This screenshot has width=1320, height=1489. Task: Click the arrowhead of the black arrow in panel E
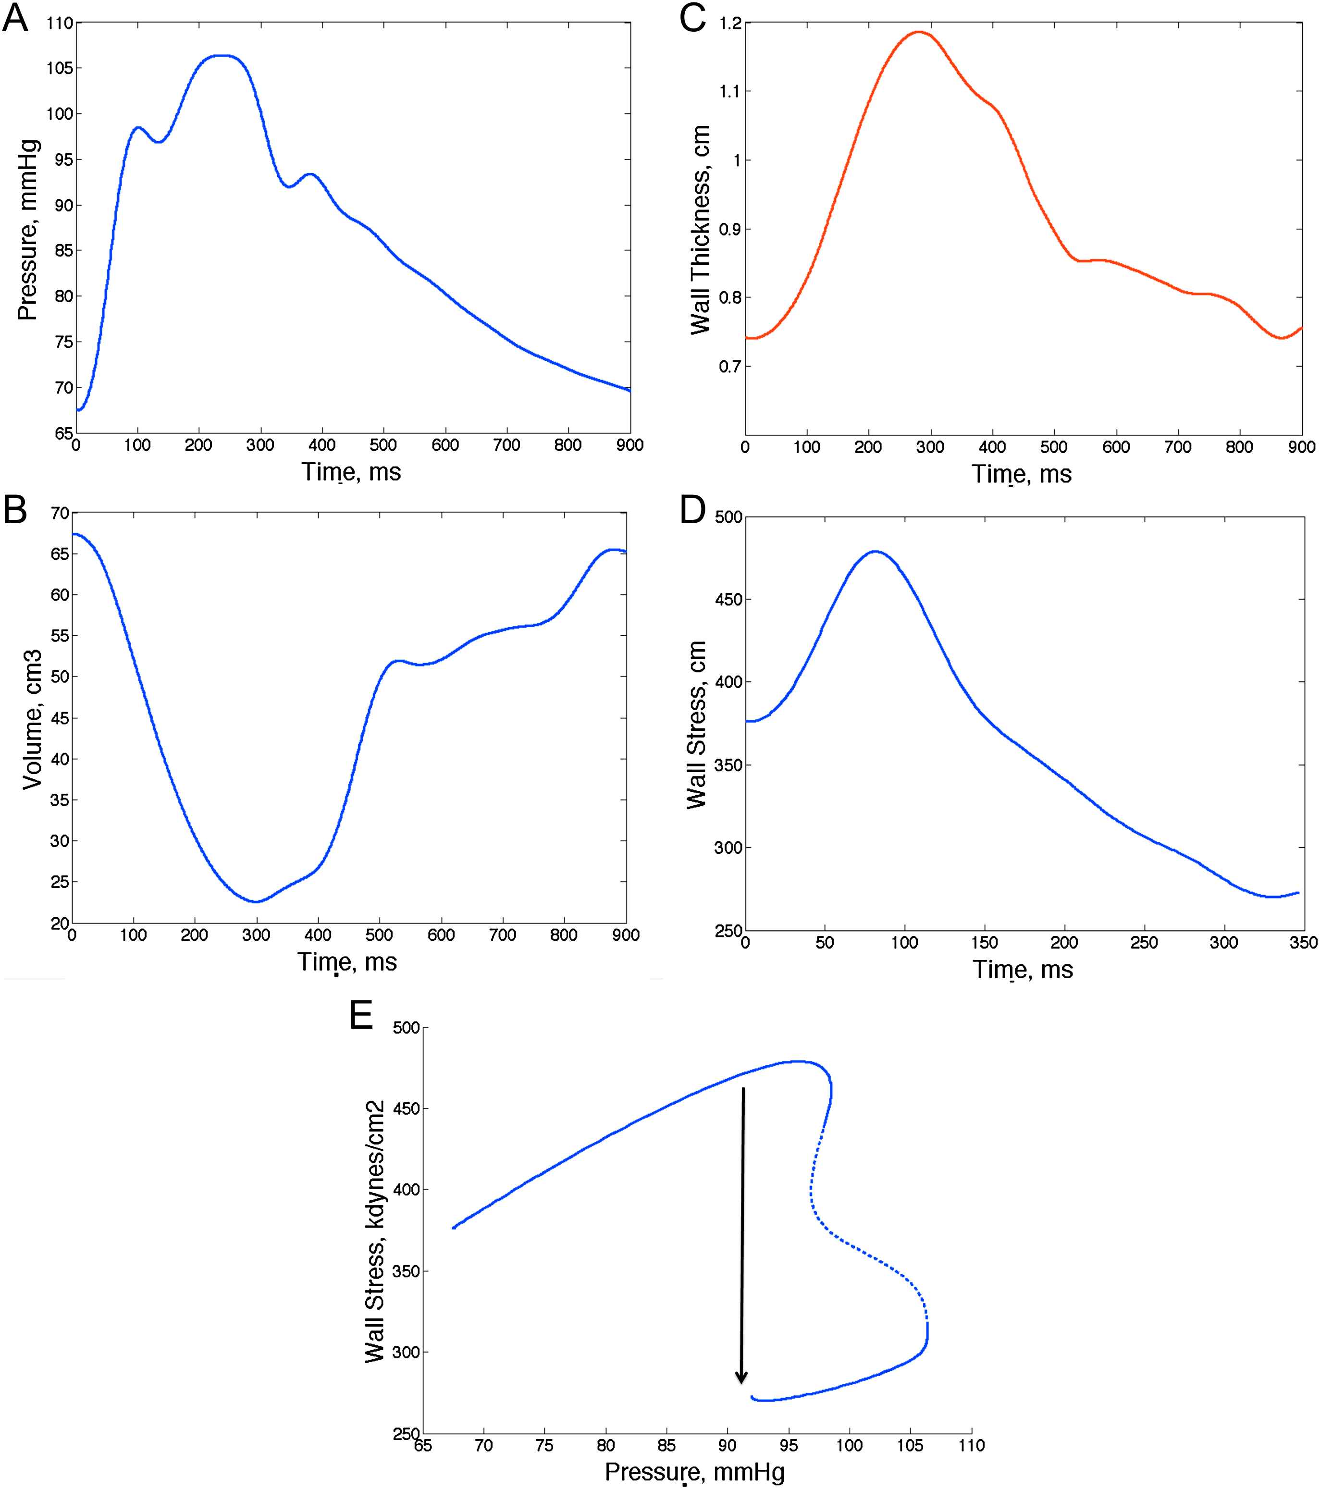click(x=741, y=1378)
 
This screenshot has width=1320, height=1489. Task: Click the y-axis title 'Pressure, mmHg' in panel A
click(x=28, y=230)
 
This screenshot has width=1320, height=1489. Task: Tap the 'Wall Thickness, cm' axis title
click(x=701, y=230)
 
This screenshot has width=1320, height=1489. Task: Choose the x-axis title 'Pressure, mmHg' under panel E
click(x=694, y=1472)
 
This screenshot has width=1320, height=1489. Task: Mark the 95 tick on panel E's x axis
click(x=788, y=1445)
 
